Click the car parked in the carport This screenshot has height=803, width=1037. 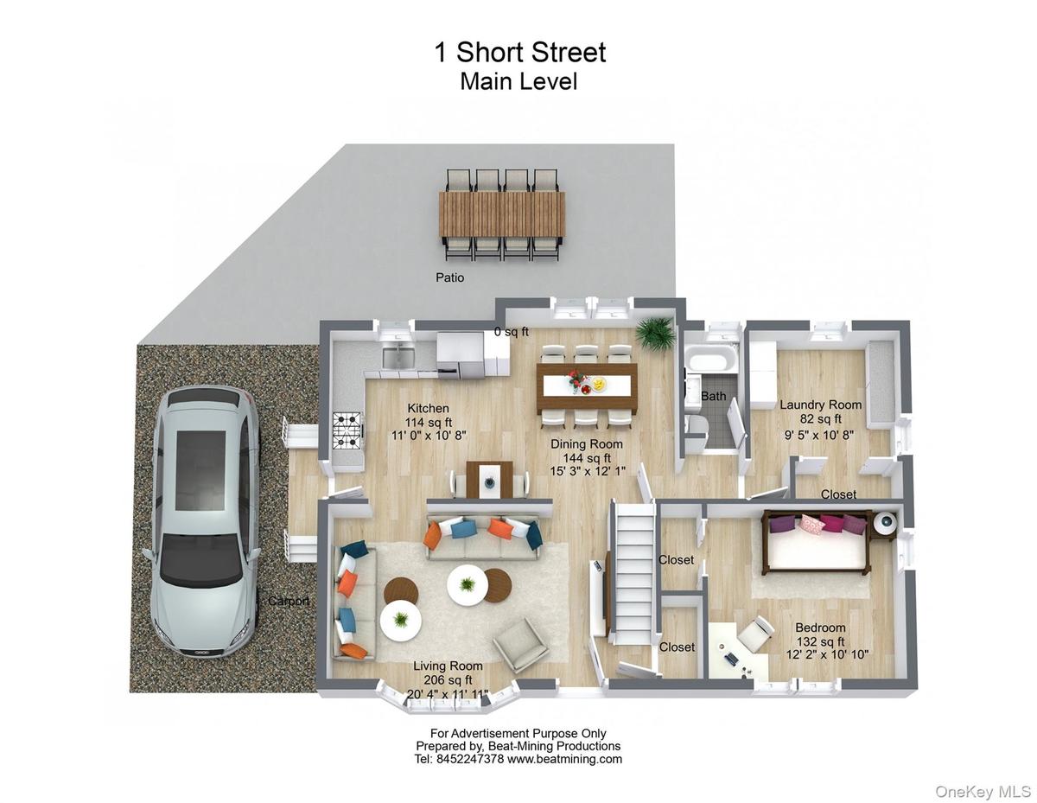(205, 520)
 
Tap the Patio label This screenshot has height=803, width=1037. (449, 277)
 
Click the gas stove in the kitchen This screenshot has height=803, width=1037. (347, 431)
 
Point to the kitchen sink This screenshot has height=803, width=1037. (398, 357)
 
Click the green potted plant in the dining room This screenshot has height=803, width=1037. (656, 333)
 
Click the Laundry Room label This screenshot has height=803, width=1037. (820, 405)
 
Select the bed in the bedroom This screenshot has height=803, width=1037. (816, 542)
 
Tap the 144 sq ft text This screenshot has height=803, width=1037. (587, 458)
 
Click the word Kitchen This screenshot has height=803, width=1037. (428, 408)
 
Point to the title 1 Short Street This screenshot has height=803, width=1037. (519, 52)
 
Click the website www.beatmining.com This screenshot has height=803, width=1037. (564, 759)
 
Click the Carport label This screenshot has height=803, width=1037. (289, 601)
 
